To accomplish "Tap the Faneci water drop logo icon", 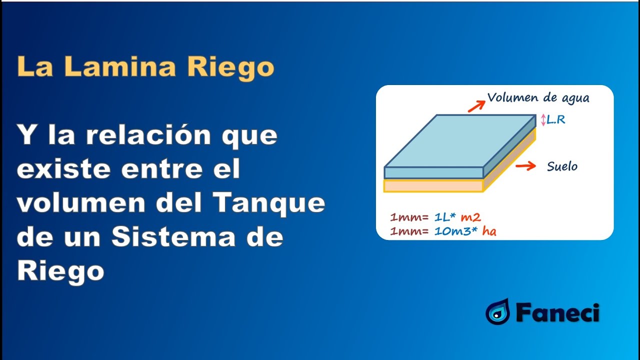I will pyautogui.click(x=497, y=312).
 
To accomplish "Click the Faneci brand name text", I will pyautogui.click(x=557, y=313).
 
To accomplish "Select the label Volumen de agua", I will pyautogui.click(x=538, y=98).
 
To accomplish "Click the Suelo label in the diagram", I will pyautogui.click(x=562, y=166).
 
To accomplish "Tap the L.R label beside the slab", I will pyautogui.click(x=556, y=120).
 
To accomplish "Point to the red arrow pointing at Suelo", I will pyautogui.click(x=526, y=166).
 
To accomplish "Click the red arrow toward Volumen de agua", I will pyautogui.click(x=476, y=105).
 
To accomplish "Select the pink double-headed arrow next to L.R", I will pyautogui.click(x=543, y=120).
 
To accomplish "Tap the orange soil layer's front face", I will pyautogui.click(x=433, y=185).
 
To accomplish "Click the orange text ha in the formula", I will pyautogui.click(x=489, y=231).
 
